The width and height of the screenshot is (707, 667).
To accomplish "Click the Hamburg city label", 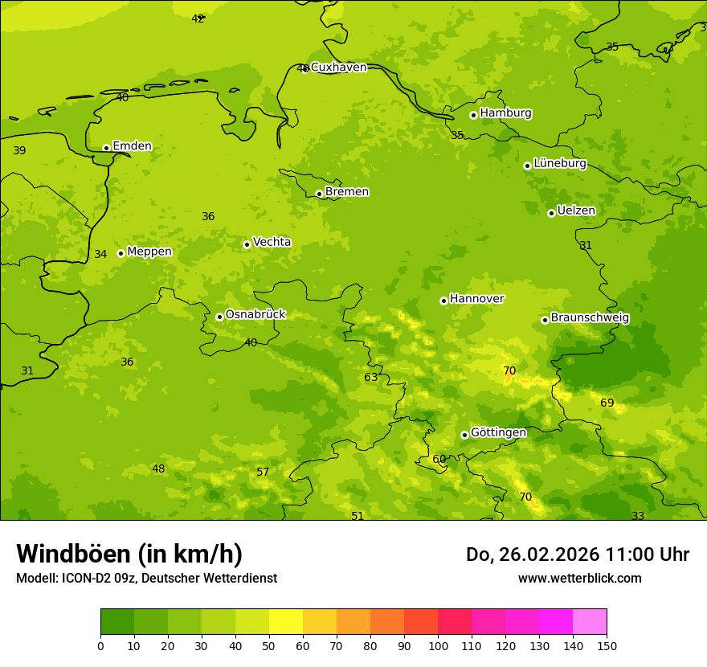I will pos(505,113).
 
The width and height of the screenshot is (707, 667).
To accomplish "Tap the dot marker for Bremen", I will pos(319,194).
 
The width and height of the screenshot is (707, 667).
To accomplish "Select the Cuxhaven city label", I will pos(338,68).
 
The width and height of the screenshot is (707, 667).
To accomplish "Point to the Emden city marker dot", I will pos(106,148).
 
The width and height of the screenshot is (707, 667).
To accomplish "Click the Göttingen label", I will pos(498,432).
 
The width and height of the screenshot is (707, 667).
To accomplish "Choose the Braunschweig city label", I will pos(590,318).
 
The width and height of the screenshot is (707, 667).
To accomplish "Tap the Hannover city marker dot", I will pos(443,301).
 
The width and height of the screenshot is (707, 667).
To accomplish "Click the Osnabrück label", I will pos(255,315).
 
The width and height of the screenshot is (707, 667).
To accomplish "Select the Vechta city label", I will pos(272,242).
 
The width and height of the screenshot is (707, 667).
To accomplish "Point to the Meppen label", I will pos(149,252).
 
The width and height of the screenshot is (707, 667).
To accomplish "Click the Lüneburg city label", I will pos(559,163).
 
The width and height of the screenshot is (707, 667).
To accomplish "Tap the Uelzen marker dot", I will pos(551,213).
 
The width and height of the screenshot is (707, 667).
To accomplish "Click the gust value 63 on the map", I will pos(370,378).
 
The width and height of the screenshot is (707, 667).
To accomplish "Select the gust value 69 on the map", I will pos(607,403).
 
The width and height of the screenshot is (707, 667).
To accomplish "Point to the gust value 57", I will pos(263,473).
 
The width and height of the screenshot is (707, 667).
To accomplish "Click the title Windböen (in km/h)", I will pos(129,554).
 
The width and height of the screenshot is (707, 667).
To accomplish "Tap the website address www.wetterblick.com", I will pos(579,579).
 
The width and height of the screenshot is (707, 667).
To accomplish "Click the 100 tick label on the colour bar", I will pos(438,645).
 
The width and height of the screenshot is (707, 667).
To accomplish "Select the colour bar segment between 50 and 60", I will pos(286,622).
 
